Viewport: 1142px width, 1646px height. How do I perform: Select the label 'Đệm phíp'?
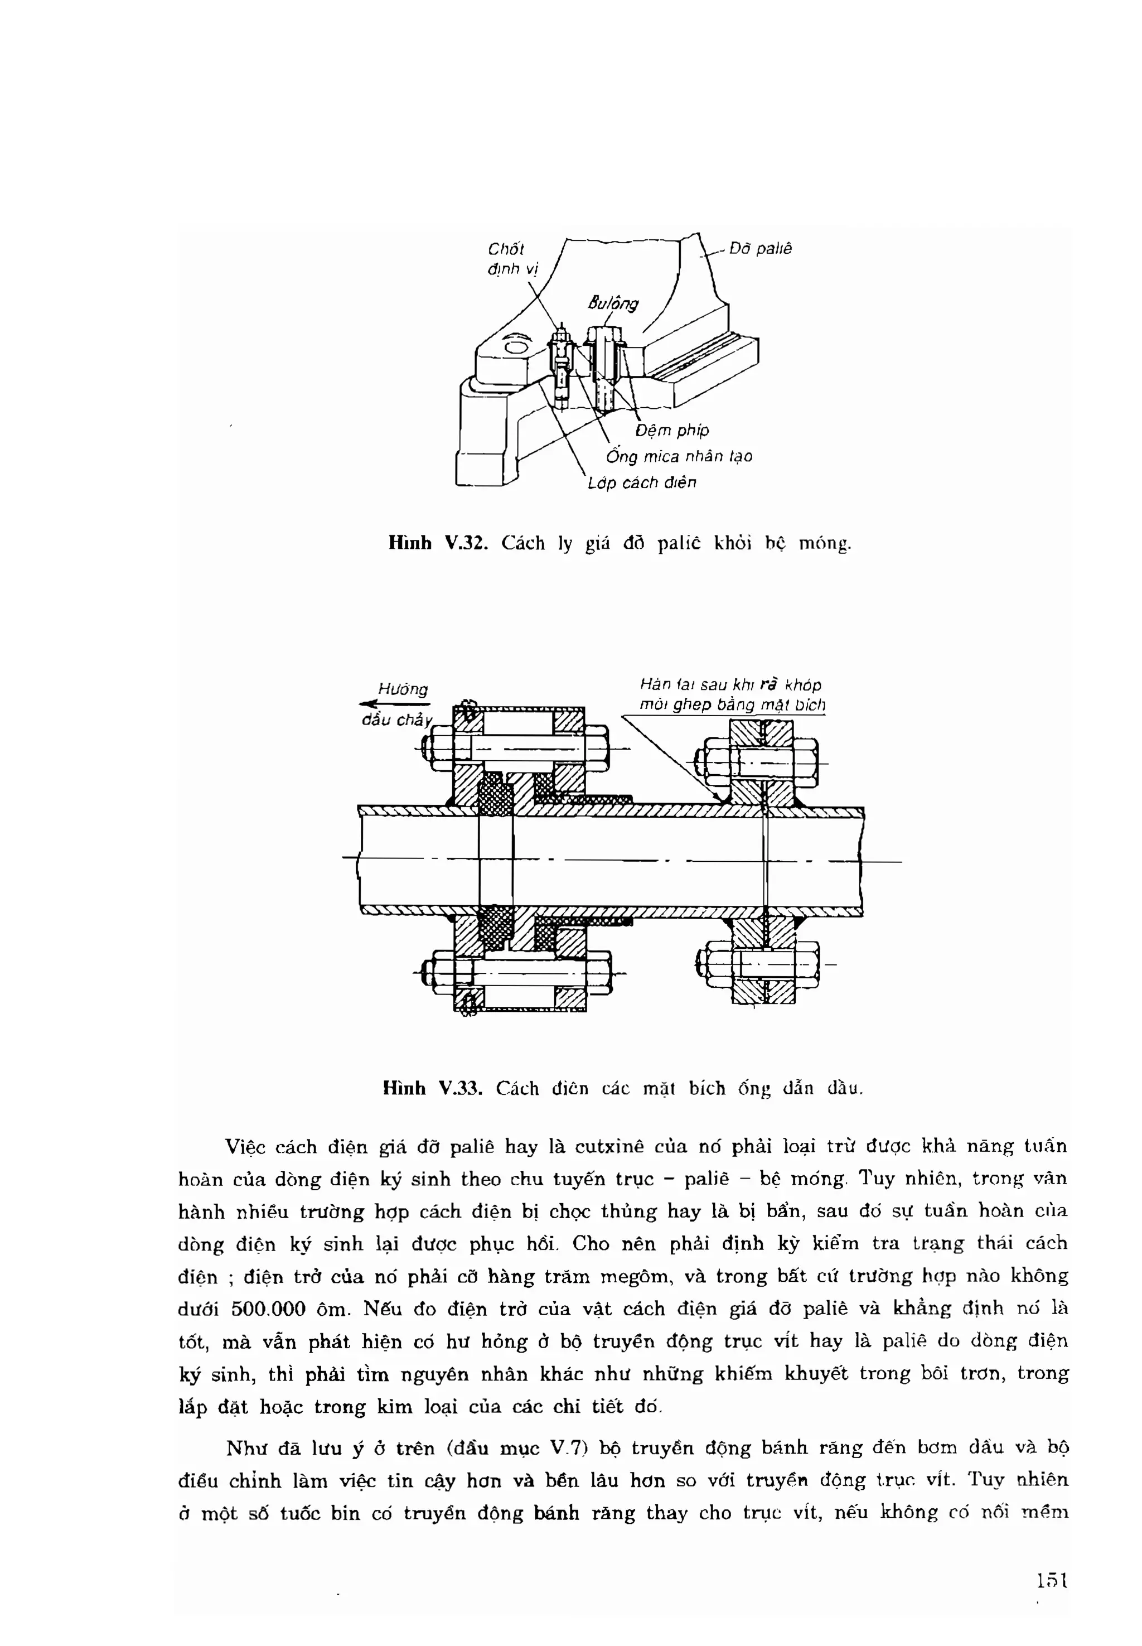tap(672, 430)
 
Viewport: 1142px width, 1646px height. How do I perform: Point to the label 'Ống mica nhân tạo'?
tap(678, 457)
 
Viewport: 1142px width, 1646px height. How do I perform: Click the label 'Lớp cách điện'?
tap(642, 483)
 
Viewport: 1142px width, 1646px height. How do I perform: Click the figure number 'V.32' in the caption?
tap(465, 544)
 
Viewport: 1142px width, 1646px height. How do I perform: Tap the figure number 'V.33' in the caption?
tap(460, 1089)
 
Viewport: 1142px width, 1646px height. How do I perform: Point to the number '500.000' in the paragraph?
tap(269, 1310)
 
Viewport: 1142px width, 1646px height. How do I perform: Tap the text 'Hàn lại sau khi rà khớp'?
tap(730, 685)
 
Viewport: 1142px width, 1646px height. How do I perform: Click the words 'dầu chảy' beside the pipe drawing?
tap(397, 720)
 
